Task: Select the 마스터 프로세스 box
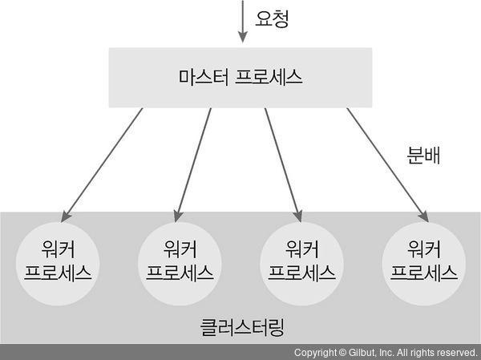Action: click(240, 77)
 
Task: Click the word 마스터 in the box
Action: click(204, 78)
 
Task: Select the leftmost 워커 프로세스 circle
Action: click(58, 261)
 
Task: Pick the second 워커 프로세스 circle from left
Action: click(180, 261)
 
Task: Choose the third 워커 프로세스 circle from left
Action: click(301, 261)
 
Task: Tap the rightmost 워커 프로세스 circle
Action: click(423, 261)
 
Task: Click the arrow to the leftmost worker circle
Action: click(103, 164)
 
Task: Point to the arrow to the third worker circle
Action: click(283, 164)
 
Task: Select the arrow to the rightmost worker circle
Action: click(386, 164)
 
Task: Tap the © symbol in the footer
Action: click(343, 353)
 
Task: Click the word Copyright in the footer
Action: click(315, 353)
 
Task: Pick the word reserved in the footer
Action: click(455, 353)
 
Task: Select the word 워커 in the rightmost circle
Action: click(423, 248)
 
